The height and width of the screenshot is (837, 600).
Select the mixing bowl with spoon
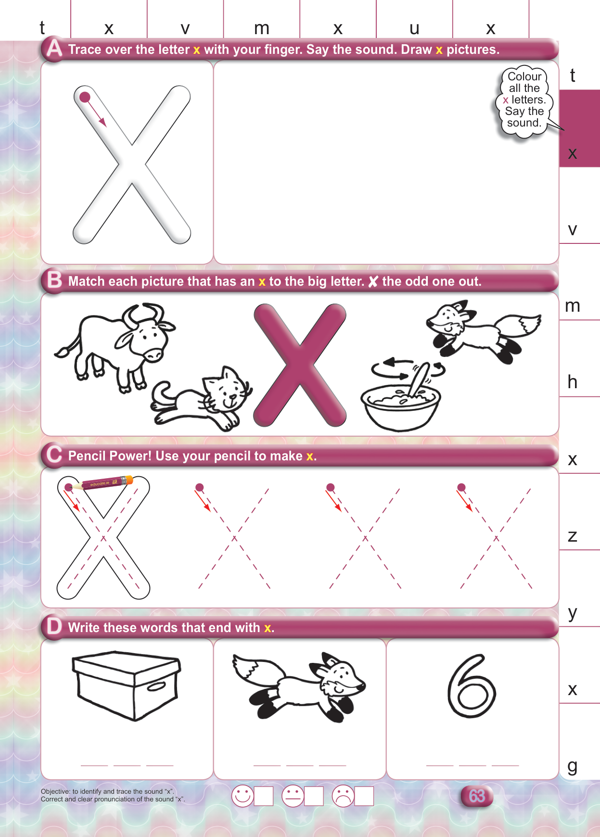point(402,394)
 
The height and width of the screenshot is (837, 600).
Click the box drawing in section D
point(126,685)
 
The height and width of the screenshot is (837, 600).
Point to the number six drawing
point(472,686)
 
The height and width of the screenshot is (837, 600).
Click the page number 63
point(477,796)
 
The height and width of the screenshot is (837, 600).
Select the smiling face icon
point(243,796)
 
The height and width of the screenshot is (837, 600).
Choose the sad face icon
point(343,796)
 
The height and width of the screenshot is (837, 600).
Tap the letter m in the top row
point(262,28)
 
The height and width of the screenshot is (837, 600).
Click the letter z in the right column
point(572,536)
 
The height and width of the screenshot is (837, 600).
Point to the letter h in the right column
point(572,382)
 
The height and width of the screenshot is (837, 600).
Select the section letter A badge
point(54,49)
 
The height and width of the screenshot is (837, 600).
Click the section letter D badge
point(54,627)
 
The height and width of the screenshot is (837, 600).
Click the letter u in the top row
point(414,29)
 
